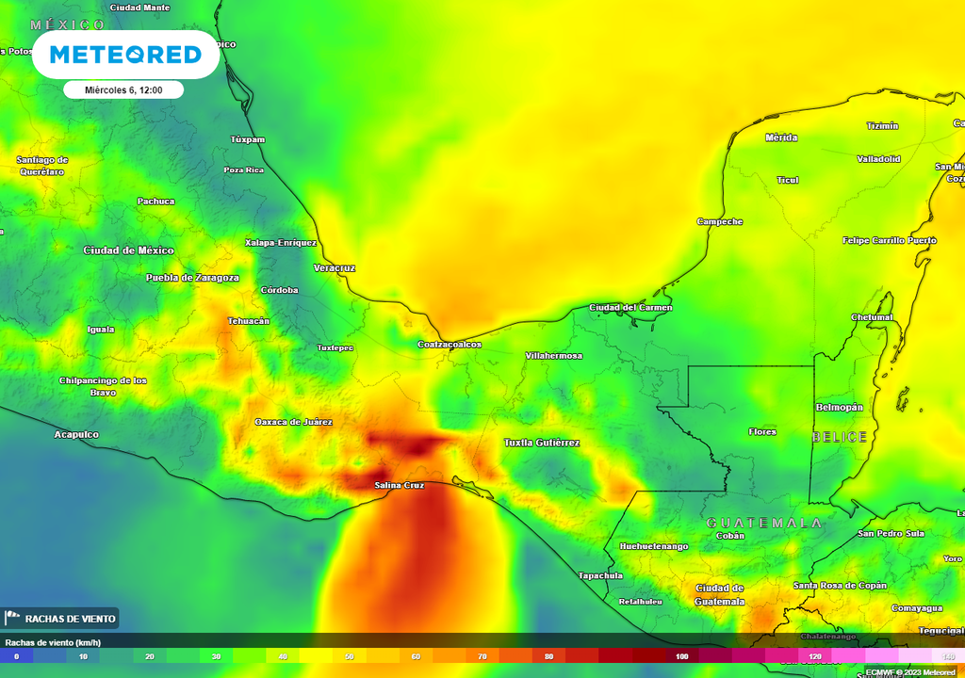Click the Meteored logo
125,55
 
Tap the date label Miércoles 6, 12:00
123,90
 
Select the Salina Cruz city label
400,485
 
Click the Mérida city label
781,137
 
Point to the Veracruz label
334,268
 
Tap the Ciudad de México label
129,250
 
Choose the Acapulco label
76,435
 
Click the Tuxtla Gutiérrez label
542,443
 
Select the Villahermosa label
553,356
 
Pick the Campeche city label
720,222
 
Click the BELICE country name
839,438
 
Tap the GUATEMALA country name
764,523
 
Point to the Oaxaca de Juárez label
294,422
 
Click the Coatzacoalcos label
450,345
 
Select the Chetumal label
872,317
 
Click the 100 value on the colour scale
681,655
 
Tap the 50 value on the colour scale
350,655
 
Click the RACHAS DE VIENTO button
61,619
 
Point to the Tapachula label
600,575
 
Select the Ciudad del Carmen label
630,308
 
